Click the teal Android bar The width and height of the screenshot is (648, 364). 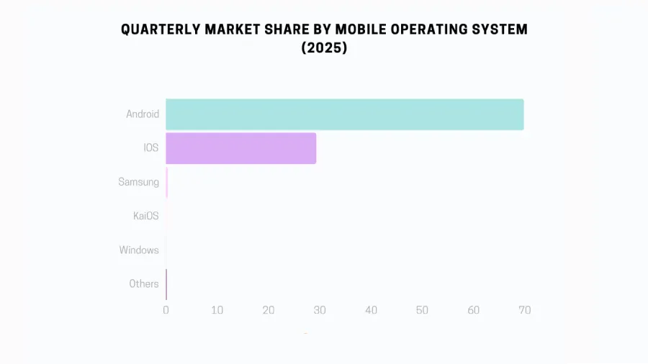pyautogui.click(x=344, y=114)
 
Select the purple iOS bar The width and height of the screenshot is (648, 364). pyautogui.click(x=240, y=148)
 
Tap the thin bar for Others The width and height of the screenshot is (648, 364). pyautogui.click(x=166, y=284)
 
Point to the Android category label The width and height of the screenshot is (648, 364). pyautogui.click(x=143, y=114)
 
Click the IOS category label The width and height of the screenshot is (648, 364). pyautogui.click(x=150, y=148)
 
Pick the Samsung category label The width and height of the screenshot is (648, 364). pyautogui.click(x=138, y=182)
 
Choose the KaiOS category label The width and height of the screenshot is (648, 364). pyautogui.click(x=145, y=216)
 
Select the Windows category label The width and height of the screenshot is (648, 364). pyautogui.click(x=139, y=250)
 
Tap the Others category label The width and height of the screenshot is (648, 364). pyautogui.click(x=144, y=284)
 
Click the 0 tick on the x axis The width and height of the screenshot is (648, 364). pyautogui.click(x=166, y=310)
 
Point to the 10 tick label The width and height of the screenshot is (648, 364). pyautogui.click(x=217, y=310)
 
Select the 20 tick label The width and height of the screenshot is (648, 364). pyautogui.click(x=268, y=310)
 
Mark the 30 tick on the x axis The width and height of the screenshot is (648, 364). pyautogui.click(x=320, y=310)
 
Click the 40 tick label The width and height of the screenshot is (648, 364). pyautogui.click(x=371, y=310)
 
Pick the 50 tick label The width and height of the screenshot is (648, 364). pyautogui.click(x=422, y=310)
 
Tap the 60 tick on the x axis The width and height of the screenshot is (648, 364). pyautogui.click(x=473, y=310)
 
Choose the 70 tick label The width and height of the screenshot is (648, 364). pyautogui.click(x=524, y=310)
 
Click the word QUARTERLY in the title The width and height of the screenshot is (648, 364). pyautogui.click(x=161, y=29)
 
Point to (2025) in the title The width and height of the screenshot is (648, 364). pyautogui.click(x=324, y=49)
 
